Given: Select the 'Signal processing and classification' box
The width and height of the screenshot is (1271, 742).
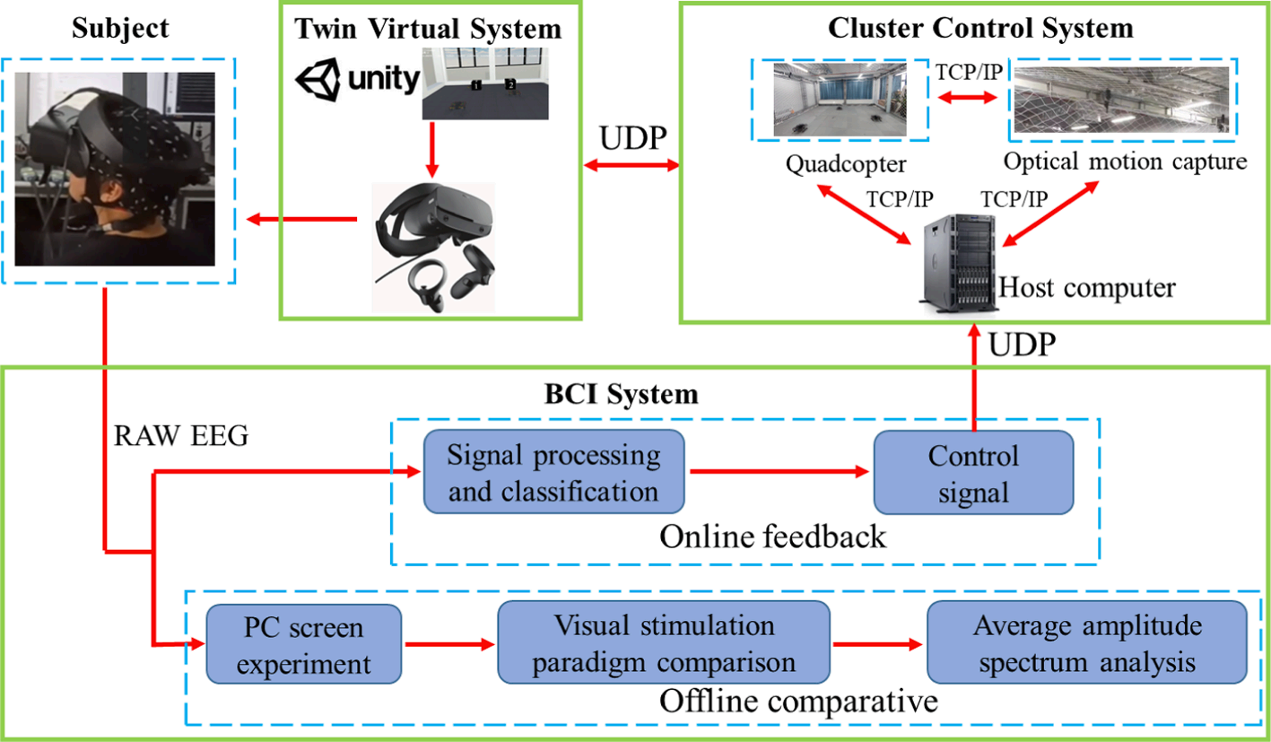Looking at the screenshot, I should (553, 472).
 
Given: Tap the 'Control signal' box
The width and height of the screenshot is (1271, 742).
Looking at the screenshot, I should (973, 472).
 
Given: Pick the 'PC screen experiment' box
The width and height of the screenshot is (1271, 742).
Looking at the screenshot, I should (304, 643).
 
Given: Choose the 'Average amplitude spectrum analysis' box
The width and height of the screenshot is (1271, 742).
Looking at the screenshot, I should (1086, 643).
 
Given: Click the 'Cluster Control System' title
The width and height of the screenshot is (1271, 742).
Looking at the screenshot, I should (980, 28).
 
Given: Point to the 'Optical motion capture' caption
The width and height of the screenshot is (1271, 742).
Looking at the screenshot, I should (1125, 162).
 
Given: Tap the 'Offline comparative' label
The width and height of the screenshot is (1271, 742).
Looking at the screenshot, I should (798, 700).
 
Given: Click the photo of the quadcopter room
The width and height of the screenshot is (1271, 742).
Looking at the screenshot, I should (840, 99).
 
